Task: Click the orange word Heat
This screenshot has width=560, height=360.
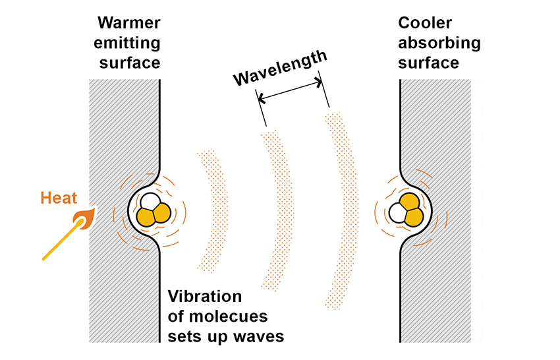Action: (x=59, y=197)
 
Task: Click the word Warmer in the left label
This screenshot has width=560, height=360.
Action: (x=129, y=24)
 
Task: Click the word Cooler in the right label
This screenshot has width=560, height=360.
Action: (x=425, y=24)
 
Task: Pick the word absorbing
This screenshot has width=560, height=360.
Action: (x=439, y=44)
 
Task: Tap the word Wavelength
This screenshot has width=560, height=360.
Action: (x=281, y=69)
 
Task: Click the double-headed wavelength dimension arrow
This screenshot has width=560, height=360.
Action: (x=291, y=92)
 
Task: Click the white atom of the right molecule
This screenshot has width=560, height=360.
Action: (x=399, y=213)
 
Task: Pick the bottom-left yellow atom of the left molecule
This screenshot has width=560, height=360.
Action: (x=145, y=216)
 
